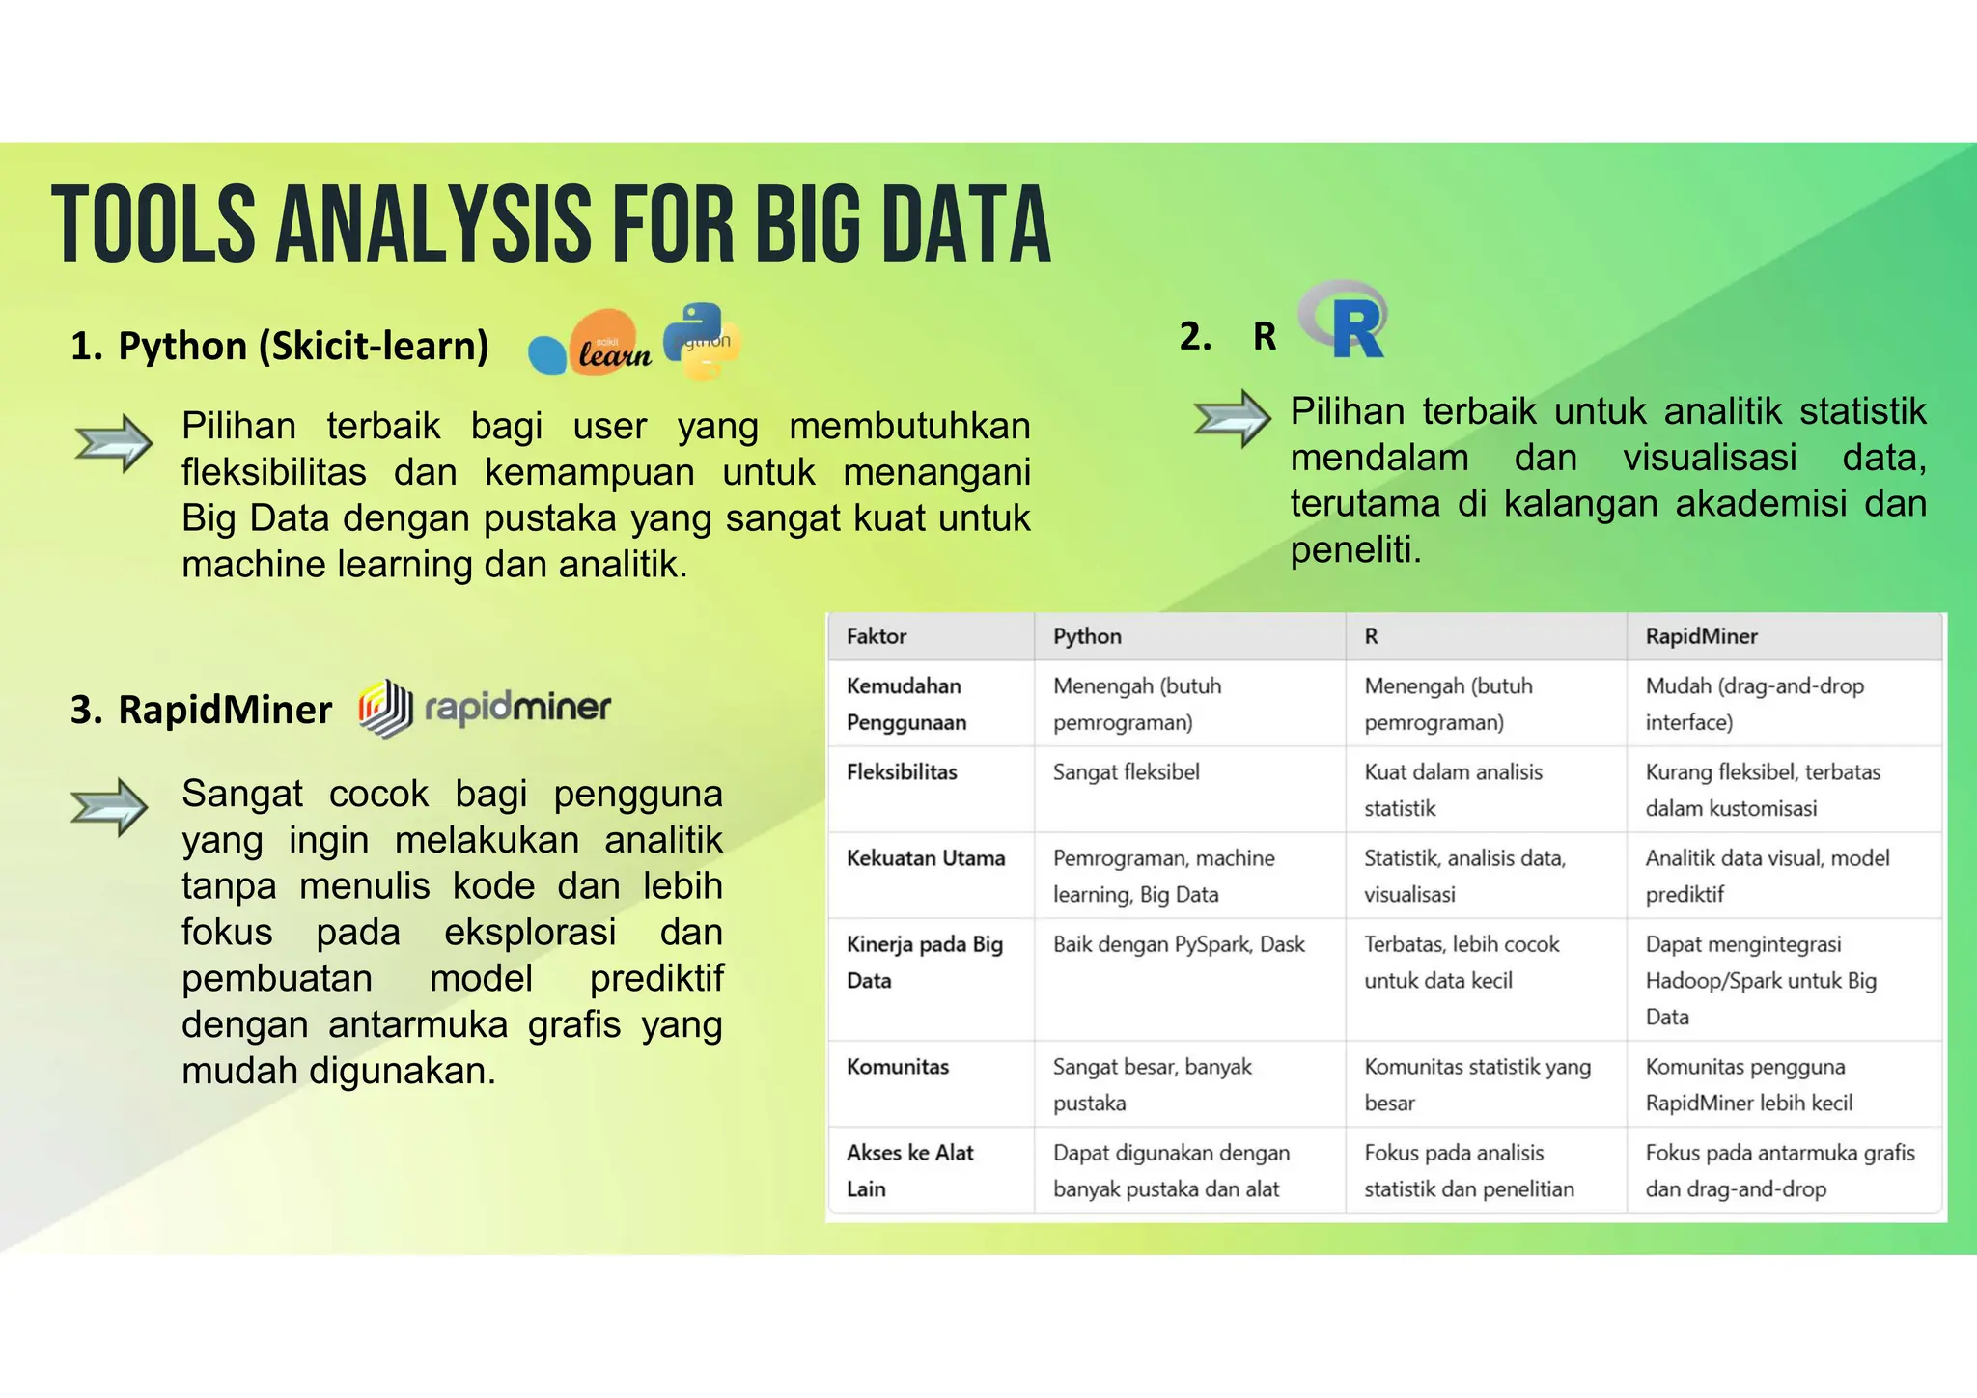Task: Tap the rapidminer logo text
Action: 517,708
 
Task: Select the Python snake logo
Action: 702,341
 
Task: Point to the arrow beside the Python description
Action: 114,443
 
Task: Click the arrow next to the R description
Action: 1232,418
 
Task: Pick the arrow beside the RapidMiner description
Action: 109,806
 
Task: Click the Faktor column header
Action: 877,636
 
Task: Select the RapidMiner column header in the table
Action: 1701,636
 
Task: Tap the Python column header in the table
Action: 1087,636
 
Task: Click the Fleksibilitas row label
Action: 902,772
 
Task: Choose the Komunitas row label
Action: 898,1067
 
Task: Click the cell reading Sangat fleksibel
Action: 1126,772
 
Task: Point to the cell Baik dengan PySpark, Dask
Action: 1179,944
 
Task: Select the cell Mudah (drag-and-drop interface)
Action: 1754,704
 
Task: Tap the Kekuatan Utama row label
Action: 925,858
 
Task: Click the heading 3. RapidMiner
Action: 201,710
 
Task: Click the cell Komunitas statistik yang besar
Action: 1477,1084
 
